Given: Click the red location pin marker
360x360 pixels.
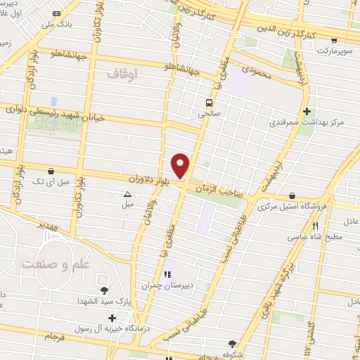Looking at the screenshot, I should (x=181, y=165).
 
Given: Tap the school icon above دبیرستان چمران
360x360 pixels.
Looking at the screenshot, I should (x=168, y=274).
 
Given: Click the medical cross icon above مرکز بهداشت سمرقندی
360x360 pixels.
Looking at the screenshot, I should (x=307, y=111).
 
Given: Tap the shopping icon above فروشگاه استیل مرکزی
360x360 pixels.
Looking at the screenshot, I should (x=292, y=196).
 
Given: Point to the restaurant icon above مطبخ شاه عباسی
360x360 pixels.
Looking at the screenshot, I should (x=315, y=226).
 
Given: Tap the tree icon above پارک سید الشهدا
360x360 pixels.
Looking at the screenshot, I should (x=104, y=290).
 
